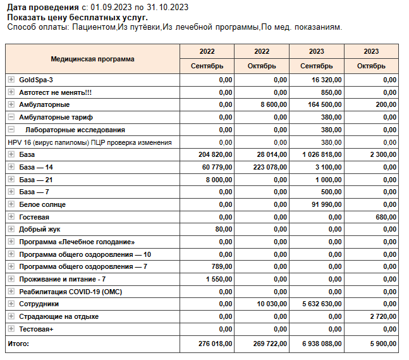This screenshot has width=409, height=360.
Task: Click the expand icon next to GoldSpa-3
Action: (x=11, y=80)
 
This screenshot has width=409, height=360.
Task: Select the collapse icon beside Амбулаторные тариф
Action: (x=11, y=117)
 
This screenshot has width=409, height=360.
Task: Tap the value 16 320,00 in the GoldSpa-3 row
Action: (x=327, y=80)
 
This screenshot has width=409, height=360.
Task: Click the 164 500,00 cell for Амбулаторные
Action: (x=324, y=104)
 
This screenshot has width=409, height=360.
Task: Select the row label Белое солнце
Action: (x=42, y=204)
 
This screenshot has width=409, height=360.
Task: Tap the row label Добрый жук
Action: (x=39, y=229)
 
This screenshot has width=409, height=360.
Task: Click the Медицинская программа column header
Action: (x=92, y=59)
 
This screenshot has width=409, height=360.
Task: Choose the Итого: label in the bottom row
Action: (x=18, y=344)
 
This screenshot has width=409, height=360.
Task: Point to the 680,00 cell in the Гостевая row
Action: (x=386, y=217)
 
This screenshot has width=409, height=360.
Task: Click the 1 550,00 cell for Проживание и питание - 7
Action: (x=219, y=279)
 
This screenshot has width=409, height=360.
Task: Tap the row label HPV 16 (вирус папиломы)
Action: (x=89, y=142)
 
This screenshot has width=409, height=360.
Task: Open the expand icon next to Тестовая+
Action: (x=11, y=329)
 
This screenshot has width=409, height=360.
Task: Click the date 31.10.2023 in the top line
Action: (x=168, y=8)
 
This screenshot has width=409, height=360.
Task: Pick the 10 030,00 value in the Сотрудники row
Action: (x=272, y=304)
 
